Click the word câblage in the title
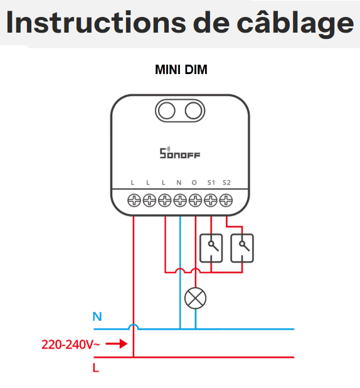(295, 23)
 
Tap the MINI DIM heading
(181, 70)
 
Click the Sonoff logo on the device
(180, 153)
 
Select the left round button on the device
(167, 110)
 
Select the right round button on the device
(193, 110)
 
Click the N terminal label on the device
(179, 183)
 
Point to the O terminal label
(194, 183)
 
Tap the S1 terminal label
(211, 183)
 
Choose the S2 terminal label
(226, 183)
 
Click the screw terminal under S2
(226, 200)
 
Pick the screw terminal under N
(180, 200)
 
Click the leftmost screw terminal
(134, 200)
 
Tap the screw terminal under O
(195, 200)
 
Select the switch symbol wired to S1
(211, 248)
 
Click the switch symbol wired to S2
(242, 248)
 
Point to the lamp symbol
(195, 298)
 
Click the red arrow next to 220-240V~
(117, 343)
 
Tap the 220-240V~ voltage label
(70, 345)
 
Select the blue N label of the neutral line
(97, 316)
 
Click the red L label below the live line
(96, 368)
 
